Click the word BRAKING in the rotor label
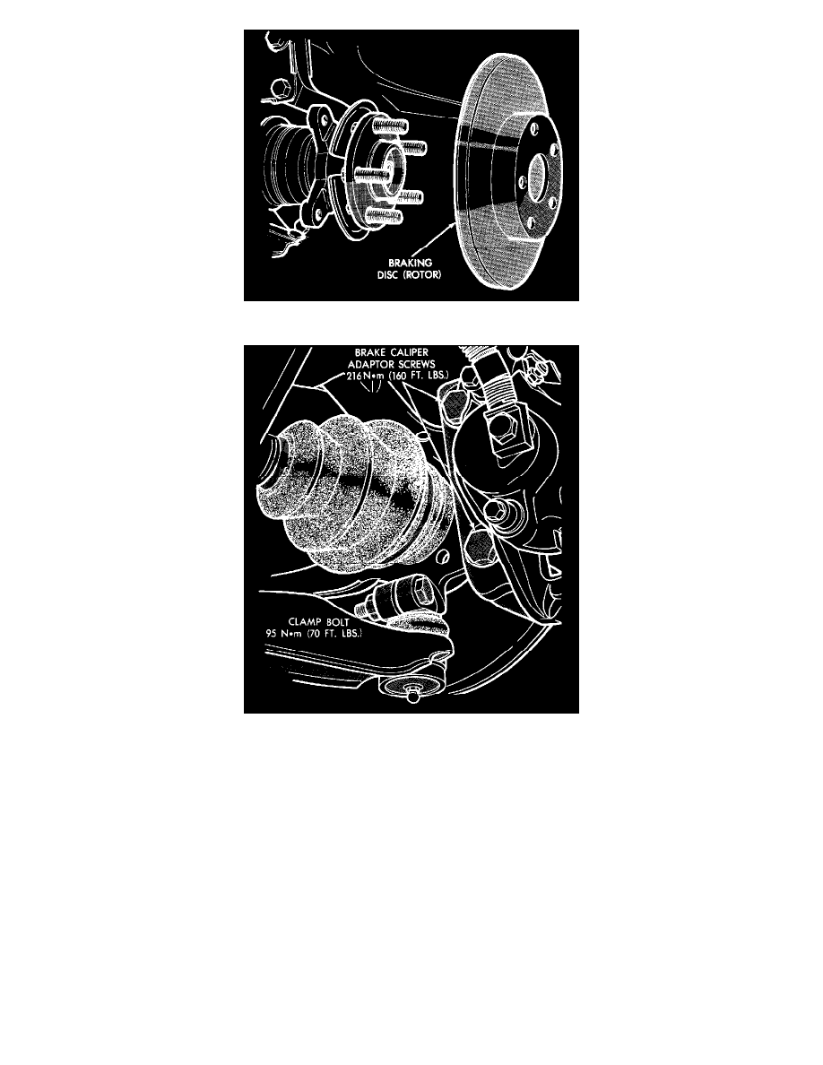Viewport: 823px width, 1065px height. [410, 263]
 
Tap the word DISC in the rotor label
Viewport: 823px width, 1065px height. [389, 275]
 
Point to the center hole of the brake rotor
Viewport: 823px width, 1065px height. [536, 172]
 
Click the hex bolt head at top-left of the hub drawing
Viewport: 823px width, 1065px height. [278, 89]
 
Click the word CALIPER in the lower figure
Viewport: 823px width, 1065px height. [410, 352]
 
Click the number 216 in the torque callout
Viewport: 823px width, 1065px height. [354, 376]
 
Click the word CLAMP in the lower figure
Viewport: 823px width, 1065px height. [305, 621]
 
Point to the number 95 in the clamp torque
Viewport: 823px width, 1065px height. [271, 633]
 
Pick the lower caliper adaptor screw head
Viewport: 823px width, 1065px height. [480, 548]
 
